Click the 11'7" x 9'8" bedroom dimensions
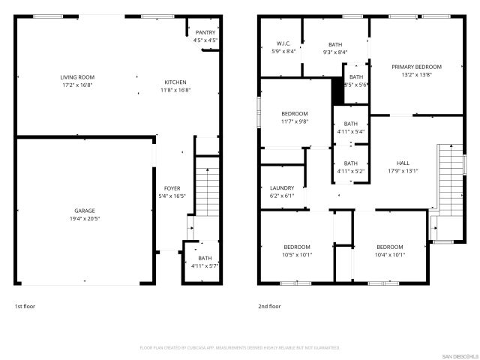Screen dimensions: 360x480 point(294,121)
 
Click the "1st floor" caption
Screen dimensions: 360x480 point(25,306)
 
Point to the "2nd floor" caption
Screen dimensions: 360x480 point(269,306)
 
